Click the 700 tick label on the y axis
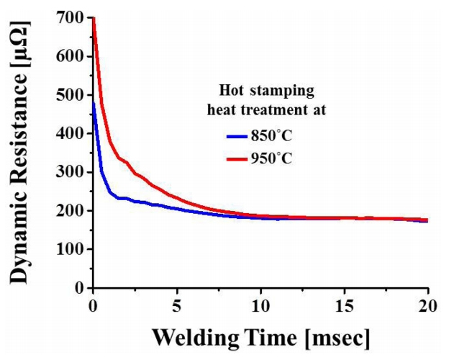71,17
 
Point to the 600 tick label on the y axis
71,56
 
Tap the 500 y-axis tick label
71,95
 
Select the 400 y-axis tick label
71,133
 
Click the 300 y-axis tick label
71,172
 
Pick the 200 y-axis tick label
71,211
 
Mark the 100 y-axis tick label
71,249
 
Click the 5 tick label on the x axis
177,304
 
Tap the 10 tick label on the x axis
260,304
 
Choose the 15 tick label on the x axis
345,304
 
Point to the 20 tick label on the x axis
428,304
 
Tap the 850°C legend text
276,135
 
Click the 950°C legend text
276,157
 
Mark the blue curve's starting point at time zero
94,102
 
